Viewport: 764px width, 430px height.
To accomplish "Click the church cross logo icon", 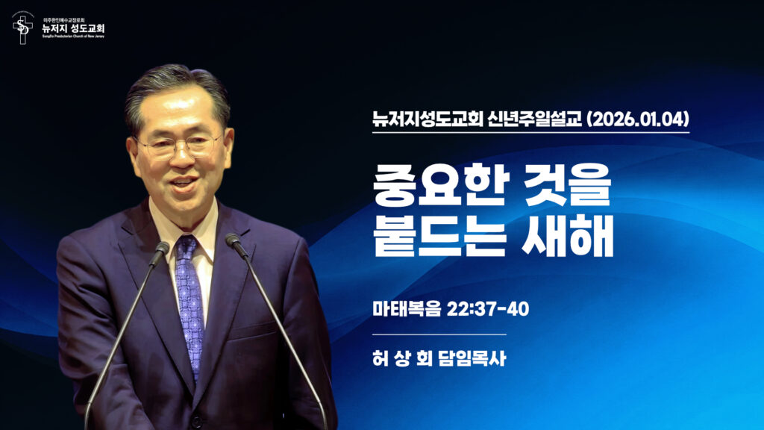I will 23,28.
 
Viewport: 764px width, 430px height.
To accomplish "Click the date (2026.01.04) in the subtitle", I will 638,119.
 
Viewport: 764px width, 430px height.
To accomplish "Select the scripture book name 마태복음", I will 404,309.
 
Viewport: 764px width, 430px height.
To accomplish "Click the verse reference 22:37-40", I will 489,309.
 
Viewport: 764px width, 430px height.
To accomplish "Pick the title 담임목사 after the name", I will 474,358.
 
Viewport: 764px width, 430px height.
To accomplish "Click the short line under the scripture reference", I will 439,334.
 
